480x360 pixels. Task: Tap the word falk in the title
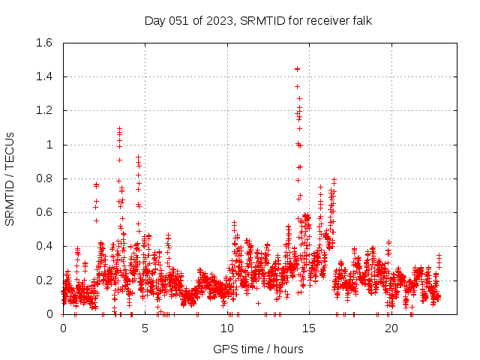click(x=360, y=20)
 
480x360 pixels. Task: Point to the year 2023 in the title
click(x=221, y=20)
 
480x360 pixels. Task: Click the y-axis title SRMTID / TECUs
click(x=10, y=178)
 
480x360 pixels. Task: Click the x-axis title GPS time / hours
click(x=258, y=349)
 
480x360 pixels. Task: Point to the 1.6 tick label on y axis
click(x=42, y=43)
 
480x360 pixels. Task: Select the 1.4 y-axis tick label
click(x=42, y=76)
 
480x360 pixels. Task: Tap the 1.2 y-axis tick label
click(x=42, y=110)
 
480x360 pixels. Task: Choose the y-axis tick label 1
click(x=49, y=145)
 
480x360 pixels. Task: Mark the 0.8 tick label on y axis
click(x=42, y=178)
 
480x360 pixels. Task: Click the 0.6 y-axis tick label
click(x=42, y=212)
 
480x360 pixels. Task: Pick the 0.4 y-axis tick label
click(x=42, y=246)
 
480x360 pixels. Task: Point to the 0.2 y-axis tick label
click(x=42, y=280)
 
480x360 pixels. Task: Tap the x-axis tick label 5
click(x=145, y=328)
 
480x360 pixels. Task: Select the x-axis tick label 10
click(x=226, y=328)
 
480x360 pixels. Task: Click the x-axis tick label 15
click(x=308, y=328)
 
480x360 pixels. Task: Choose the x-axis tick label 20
click(x=390, y=328)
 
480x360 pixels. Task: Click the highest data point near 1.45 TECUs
click(x=297, y=69)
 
